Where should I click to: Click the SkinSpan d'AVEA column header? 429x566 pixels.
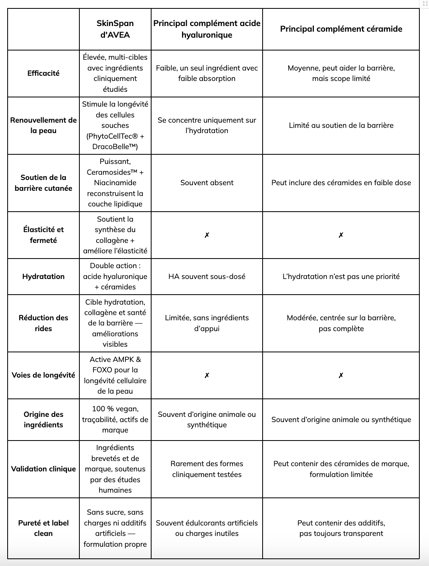tap(115, 29)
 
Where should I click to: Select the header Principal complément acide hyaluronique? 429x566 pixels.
tap(207, 29)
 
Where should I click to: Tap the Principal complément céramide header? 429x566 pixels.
tap(341, 29)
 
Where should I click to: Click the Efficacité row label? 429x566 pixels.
tap(43, 73)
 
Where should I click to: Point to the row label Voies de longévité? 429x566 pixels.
tap(43, 375)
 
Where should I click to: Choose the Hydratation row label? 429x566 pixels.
tap(43, 276)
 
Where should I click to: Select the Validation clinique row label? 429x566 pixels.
tap(43, 469)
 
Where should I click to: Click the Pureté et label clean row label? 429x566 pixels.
tap(43, 528)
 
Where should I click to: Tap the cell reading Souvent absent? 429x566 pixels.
tap(207, 183)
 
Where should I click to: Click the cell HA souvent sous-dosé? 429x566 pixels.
tap(207, 276)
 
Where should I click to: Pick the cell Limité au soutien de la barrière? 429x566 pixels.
tap(341, 125)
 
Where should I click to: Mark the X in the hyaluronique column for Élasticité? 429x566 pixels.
tap(207, 235)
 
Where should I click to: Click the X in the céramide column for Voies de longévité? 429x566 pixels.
tap(341, 375)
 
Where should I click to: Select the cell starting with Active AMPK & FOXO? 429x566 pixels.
tap(115, 375)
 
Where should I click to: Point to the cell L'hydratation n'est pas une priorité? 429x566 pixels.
tap(341, 276)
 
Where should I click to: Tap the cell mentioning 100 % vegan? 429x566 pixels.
tap(115, 419)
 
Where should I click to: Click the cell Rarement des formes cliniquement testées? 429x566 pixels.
tap(207, 469)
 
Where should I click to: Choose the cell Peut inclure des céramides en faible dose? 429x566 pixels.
tap(341, 183)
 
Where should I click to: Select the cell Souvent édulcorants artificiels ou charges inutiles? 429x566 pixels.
tap(207, 528)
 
